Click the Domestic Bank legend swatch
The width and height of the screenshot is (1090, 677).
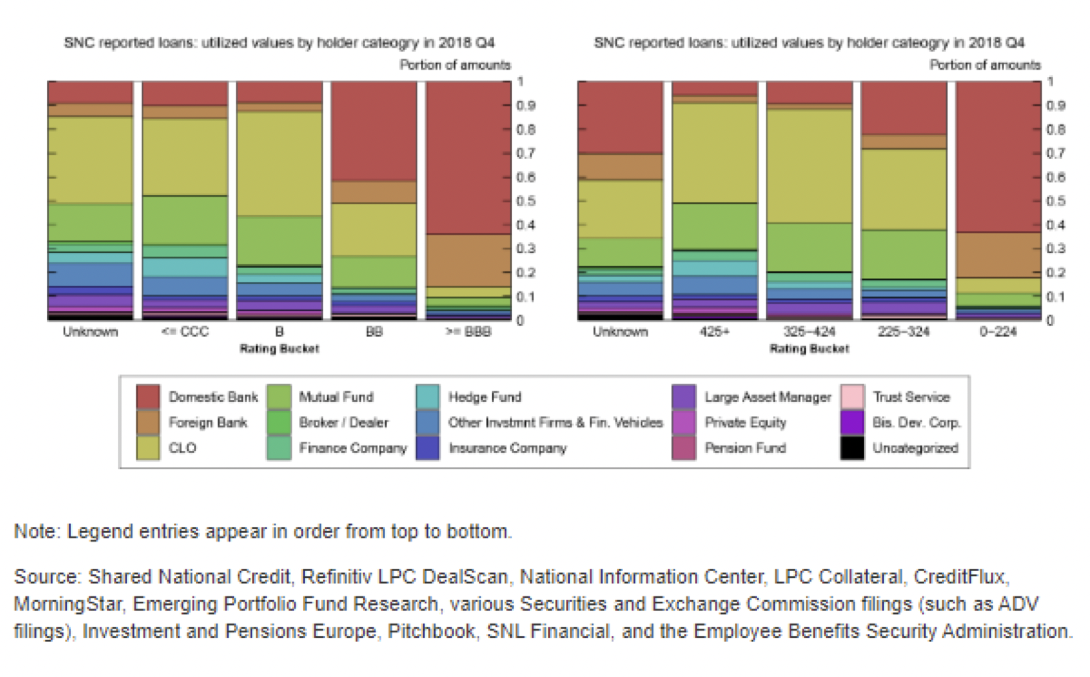pos(148,397)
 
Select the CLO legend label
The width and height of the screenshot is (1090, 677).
pos(182,448)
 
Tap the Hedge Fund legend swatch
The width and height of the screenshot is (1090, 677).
pos(427,397)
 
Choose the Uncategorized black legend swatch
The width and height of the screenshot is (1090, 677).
pos(852,448)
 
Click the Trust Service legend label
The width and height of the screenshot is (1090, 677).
pos(911,397)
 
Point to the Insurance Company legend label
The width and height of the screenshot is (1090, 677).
pos(508,448)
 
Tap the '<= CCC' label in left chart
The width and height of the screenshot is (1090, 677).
pos(185,332)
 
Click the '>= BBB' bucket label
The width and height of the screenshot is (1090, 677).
pos(468,332)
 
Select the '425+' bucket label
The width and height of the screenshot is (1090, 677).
pos(714,332)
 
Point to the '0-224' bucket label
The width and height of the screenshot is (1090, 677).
pos(998,332)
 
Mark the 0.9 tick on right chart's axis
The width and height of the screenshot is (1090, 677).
pos(1055,106)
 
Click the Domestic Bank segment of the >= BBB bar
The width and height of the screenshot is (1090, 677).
pos(468,158)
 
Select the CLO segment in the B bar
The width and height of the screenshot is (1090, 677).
pos(279,164)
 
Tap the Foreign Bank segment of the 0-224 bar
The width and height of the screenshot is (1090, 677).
pos(998,255)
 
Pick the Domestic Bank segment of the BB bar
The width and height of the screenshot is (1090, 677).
pos(374,131)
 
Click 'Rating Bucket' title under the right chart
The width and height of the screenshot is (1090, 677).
pos(809,349)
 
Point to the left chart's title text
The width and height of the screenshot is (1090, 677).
pos(279,43)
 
